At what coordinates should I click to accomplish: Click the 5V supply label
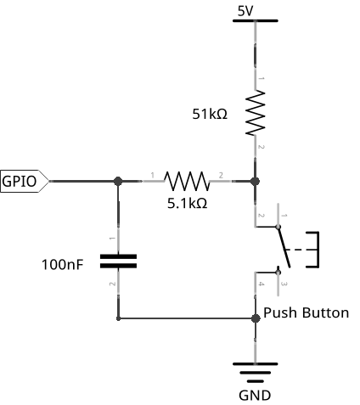tap(245, 11)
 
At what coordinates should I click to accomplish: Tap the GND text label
tap(255, 396)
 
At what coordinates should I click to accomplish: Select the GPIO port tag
tap(25, 181)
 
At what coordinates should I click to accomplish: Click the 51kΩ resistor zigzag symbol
tap(255, 113)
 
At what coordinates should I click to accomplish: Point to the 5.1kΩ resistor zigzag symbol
tap(187, 181)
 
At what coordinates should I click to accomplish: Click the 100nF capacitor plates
tap(118, 262)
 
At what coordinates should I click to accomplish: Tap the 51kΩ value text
tap(210, 114)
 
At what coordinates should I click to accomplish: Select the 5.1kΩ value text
tap(188, 203)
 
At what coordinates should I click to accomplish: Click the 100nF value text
tap(63, 265)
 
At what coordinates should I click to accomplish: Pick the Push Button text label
tap(306, 313)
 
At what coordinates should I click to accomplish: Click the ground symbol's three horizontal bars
tap(255, 373)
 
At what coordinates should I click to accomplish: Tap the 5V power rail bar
tap(255, 20)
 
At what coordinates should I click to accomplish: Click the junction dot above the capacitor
tap(118, 181)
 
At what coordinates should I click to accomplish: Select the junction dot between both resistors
tap(255, 181)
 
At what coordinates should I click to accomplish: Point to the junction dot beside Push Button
tap(256, 318)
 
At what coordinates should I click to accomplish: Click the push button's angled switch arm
tap(284, 246)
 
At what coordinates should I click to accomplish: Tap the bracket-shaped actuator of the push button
tap(312, 250)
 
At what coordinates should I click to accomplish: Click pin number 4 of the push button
tap(261, 284)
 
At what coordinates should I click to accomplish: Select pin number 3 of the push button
tap(284, 284)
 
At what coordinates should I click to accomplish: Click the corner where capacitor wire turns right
tap(118, 318)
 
